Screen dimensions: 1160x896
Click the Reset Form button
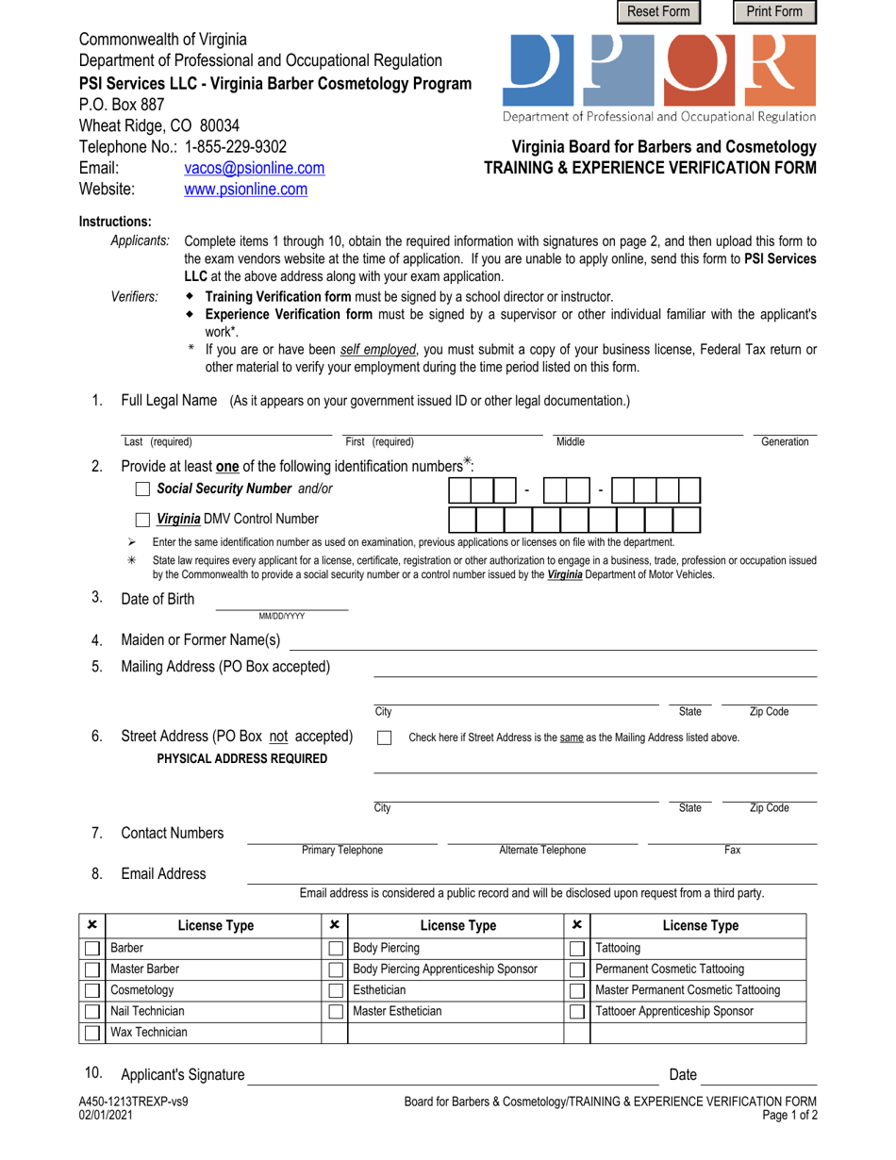(658, 11)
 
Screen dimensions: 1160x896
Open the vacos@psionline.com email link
(255, 168)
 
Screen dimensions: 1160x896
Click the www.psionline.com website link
(245, 190)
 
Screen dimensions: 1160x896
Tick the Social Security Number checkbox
(142, 489)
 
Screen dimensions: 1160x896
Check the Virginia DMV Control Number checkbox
(142, 519)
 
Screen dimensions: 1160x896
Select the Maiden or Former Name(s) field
(552, 641)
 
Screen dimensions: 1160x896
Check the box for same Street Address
(384, 737)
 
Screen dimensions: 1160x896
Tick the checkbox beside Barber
(91, 948)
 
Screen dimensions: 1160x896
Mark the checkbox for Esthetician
(335, 991)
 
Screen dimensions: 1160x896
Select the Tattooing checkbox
(576, 948)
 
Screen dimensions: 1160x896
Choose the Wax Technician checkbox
(91, 1033)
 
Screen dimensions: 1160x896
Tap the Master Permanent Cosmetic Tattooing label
(688, 990)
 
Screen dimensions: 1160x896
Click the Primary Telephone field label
(341, 850)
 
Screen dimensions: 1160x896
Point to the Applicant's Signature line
(453, 1075)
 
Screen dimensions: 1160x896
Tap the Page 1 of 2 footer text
(788, 1115)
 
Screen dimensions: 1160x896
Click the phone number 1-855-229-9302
(236, 147)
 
